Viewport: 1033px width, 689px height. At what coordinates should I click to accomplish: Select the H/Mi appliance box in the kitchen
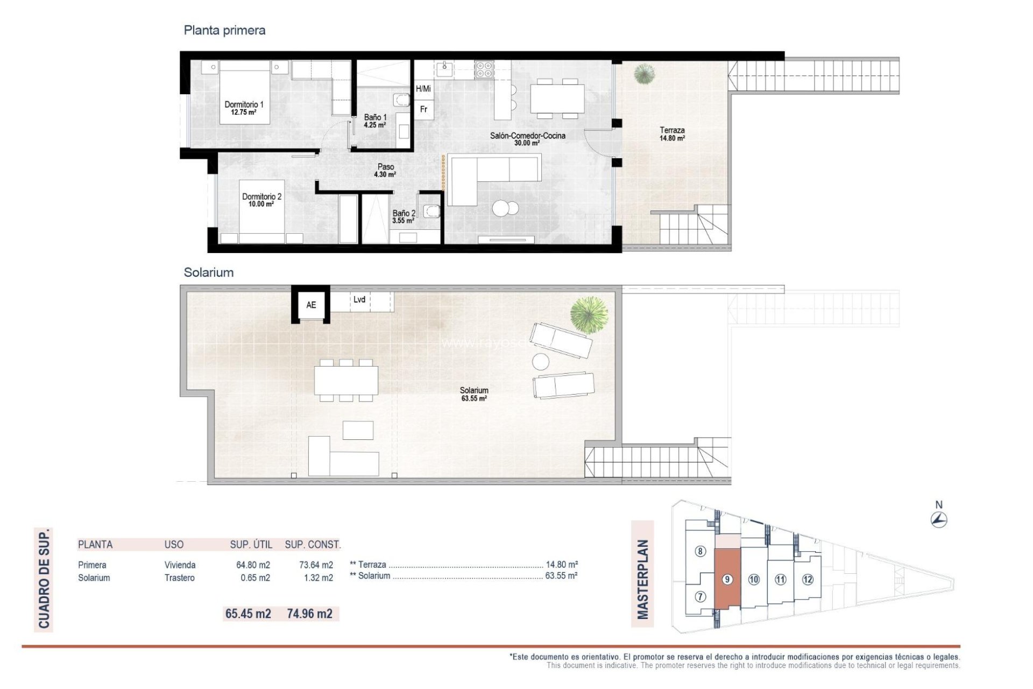click(x=423, y=89)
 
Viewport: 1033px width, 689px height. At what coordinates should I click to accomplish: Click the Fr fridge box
click(x=424, y=109)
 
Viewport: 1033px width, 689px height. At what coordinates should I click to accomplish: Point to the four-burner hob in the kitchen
click(x=484, y=69)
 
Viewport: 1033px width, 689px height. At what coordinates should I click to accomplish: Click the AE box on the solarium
click(x=311, y=305)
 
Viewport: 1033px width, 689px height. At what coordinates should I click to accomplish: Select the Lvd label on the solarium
click(x=359, y=300)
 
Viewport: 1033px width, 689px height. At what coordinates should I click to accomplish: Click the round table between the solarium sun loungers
click(x=541, y=361)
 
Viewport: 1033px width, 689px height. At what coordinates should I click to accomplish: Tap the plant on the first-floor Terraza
click(x=644, y=74)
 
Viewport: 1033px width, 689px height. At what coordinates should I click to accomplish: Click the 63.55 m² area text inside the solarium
click(x=474, y=399)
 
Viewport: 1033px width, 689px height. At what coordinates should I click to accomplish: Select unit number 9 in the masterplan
click(x=727, y=579)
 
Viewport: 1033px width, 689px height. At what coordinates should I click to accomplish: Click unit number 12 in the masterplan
click(x=808, y=579)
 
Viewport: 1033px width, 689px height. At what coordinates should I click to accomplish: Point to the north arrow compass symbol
click(x=939, y=519)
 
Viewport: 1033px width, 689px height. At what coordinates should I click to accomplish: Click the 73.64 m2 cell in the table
click(x=316, y=565)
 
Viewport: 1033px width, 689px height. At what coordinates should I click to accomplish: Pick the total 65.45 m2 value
click(x=248, y=614)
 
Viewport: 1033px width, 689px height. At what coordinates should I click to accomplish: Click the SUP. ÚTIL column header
click(x=251, y=545)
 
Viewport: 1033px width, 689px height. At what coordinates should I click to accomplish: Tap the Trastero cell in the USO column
click(x=179, y=578)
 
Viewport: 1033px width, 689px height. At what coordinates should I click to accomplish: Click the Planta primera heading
click(x=224, y=30)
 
